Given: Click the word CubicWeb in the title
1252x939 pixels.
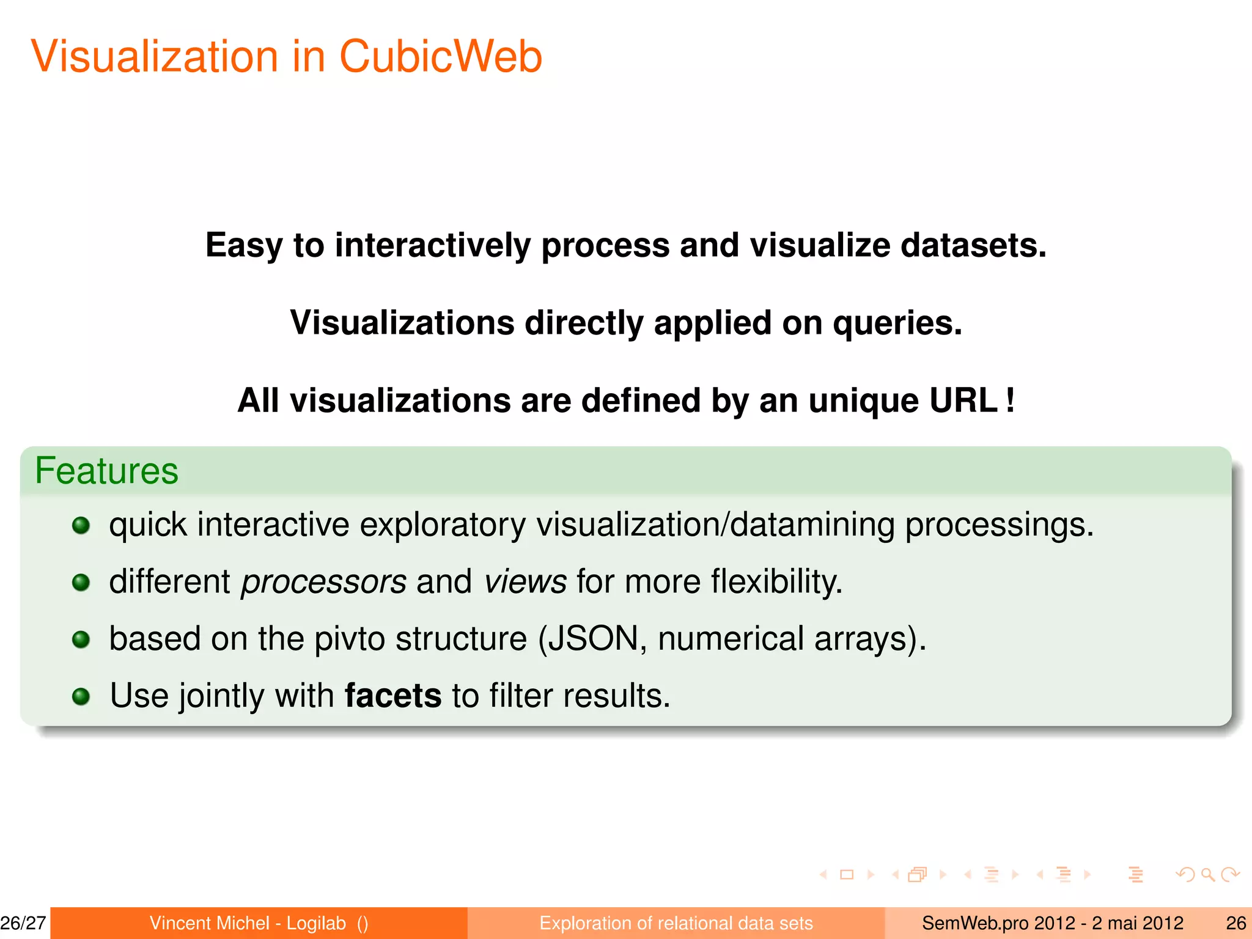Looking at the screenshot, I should tap(440, 56).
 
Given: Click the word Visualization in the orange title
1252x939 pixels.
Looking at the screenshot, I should tap(155, 56).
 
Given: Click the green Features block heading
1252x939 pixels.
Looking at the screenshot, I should tap(106, 471).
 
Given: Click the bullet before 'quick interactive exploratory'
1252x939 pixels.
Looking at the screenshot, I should tap(81, 525).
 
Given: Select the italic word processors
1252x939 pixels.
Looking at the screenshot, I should tap(323, 581).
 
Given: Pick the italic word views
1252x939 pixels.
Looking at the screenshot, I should tap(526, 581).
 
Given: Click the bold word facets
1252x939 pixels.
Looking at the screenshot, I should tap(393, 696).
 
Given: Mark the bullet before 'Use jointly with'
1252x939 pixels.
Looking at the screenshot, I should tap(81, 696).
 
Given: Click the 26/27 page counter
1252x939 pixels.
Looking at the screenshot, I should tap(23, 923).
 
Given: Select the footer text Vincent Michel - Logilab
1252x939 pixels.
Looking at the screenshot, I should tap(248, 923).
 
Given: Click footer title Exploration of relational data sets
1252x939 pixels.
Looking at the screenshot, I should tap(676, 923).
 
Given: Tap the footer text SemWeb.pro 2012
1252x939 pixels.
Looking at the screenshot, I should tap(998, 923).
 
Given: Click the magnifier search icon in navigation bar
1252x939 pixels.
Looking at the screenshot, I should tap(1207, 875).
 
